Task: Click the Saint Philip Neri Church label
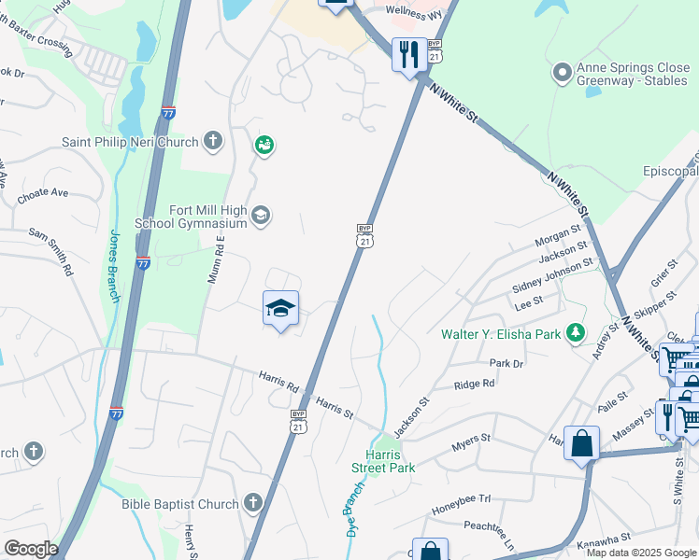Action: pos(130,142)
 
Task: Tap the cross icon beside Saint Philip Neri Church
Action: pos(213,142)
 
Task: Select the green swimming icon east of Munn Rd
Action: pos(264,145)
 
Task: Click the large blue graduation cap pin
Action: pos(280,309)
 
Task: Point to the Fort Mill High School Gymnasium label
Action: pos(193,217)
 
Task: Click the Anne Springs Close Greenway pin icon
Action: pos(563,72)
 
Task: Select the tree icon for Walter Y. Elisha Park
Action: pos(577,332)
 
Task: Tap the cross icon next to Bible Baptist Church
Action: pos(252,504)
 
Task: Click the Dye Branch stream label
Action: pos(353,513)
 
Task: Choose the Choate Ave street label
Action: pos(43,193)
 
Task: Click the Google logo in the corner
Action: pos(31,549)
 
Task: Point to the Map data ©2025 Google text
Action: pos(641,553)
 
